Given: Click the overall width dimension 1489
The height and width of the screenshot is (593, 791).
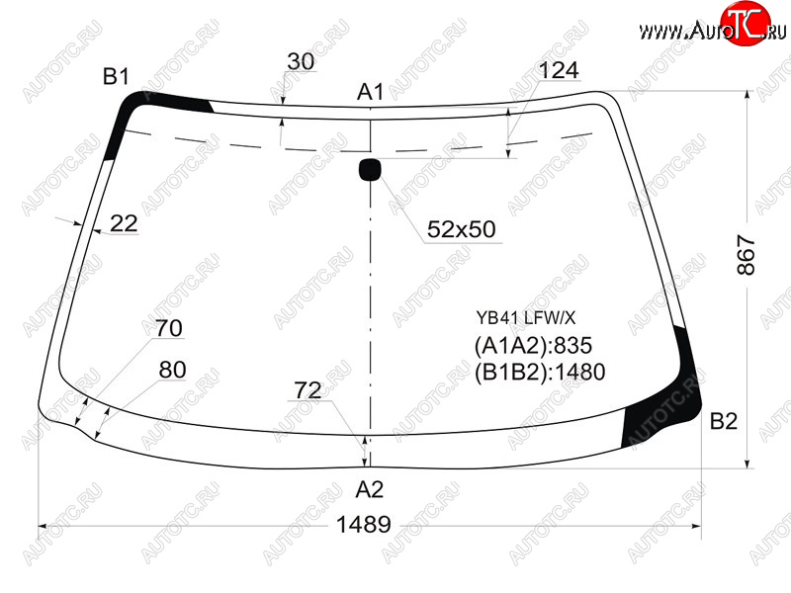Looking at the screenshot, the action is [363, 525].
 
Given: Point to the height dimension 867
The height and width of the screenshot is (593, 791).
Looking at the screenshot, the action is [747, 255].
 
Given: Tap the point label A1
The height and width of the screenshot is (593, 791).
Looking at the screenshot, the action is [370, 92].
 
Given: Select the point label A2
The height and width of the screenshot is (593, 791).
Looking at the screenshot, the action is [370, 489].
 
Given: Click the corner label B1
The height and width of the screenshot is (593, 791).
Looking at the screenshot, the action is [116, 77].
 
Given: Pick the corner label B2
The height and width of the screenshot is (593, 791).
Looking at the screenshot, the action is [724, 421].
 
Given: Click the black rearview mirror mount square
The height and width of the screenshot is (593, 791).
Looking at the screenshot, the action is [370, 170].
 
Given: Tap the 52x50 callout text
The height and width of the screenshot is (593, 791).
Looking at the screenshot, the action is [462, 229].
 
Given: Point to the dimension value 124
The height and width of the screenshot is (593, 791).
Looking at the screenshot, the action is [559, 70].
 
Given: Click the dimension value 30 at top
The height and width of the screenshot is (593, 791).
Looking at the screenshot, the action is [301, 61].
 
